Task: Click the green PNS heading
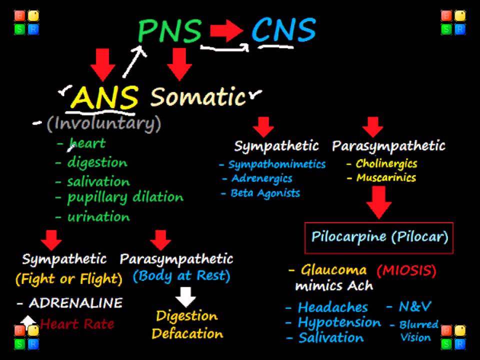(x=170, y=31)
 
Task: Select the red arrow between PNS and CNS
(x=226, y=31)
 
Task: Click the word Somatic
(x=198, y=96)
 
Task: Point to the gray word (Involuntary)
(x=104, y=123)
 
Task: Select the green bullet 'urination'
(x=98, y=216)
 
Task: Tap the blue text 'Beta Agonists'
(x=265, y=193)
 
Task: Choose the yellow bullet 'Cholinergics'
(x=386, y=163)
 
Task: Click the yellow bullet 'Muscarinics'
(x=385, y=177)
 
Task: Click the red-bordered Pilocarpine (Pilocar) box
(x=379, y=237)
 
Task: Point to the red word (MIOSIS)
(x=406, y=271)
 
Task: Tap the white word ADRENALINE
(x=75, y=302)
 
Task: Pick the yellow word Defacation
(x=187, y=333)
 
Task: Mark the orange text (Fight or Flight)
(x=69, y=278)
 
